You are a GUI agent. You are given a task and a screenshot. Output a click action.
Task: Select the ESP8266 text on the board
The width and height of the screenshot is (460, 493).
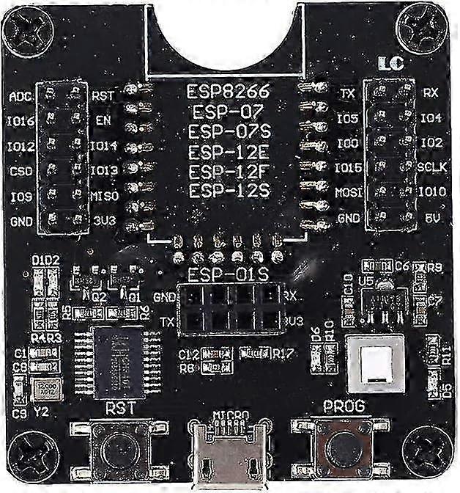pyautogui.click(x=229, y=92)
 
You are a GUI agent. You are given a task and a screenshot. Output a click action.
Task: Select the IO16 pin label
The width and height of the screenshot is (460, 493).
pyautogui.click(x=21, y=121)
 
